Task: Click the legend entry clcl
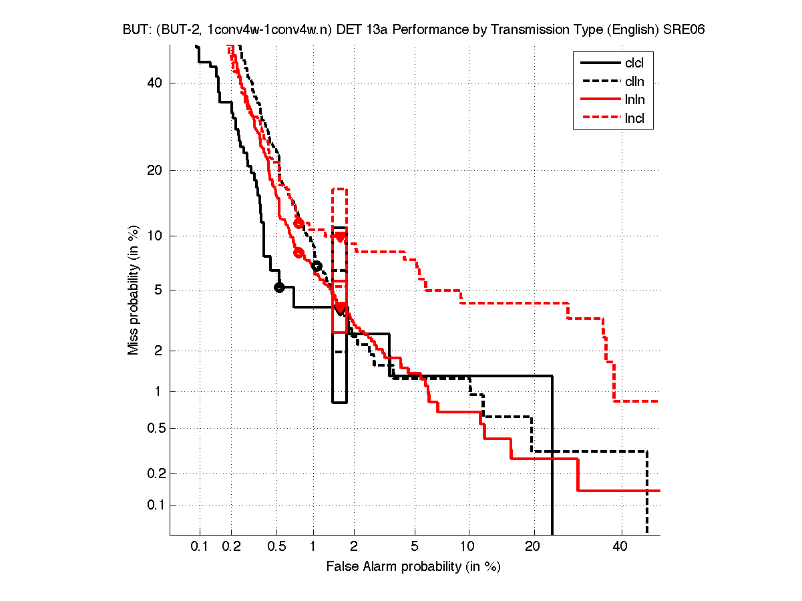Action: click(x=634, y=63)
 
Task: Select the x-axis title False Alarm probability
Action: click(x=413, y=567)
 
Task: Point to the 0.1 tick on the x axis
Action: click(x=200, y=547)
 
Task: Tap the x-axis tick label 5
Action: click(x=415, y=547)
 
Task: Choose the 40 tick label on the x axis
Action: click(x=620, y=547)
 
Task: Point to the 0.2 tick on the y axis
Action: click(x=155, y=473)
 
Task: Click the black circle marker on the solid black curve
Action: click(x=279, y=287)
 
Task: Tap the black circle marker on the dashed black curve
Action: click(x=317, y=266)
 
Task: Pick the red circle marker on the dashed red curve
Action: click(x=298, y=223)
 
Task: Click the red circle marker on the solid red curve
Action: click(x=298, y=252)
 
